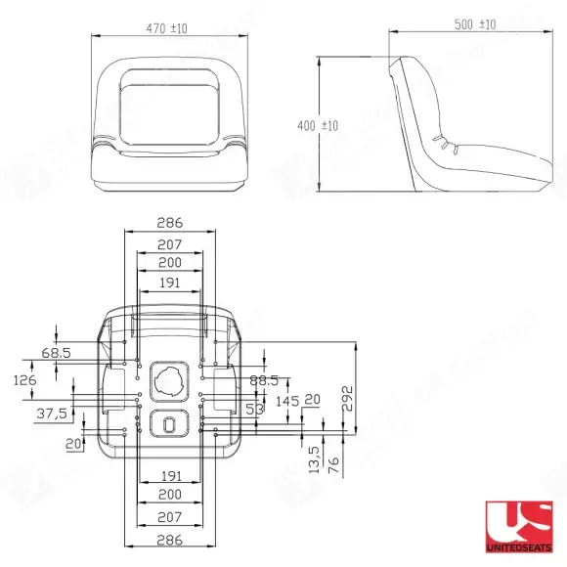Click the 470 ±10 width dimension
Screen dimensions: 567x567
tap(167, 28)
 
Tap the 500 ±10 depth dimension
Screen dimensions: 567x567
tap(475, 24)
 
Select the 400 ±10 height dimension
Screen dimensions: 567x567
tap(318, 126)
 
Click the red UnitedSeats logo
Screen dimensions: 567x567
tap(519, 527)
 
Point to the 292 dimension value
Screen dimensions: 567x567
tap(347, 399)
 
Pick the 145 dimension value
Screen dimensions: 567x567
tap(287, 401)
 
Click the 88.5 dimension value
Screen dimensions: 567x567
tap(264, 380)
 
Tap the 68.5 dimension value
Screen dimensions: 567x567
tap(56, 353)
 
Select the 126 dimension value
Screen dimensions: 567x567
tap(25, 380)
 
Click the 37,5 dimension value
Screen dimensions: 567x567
tap(52, 413)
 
